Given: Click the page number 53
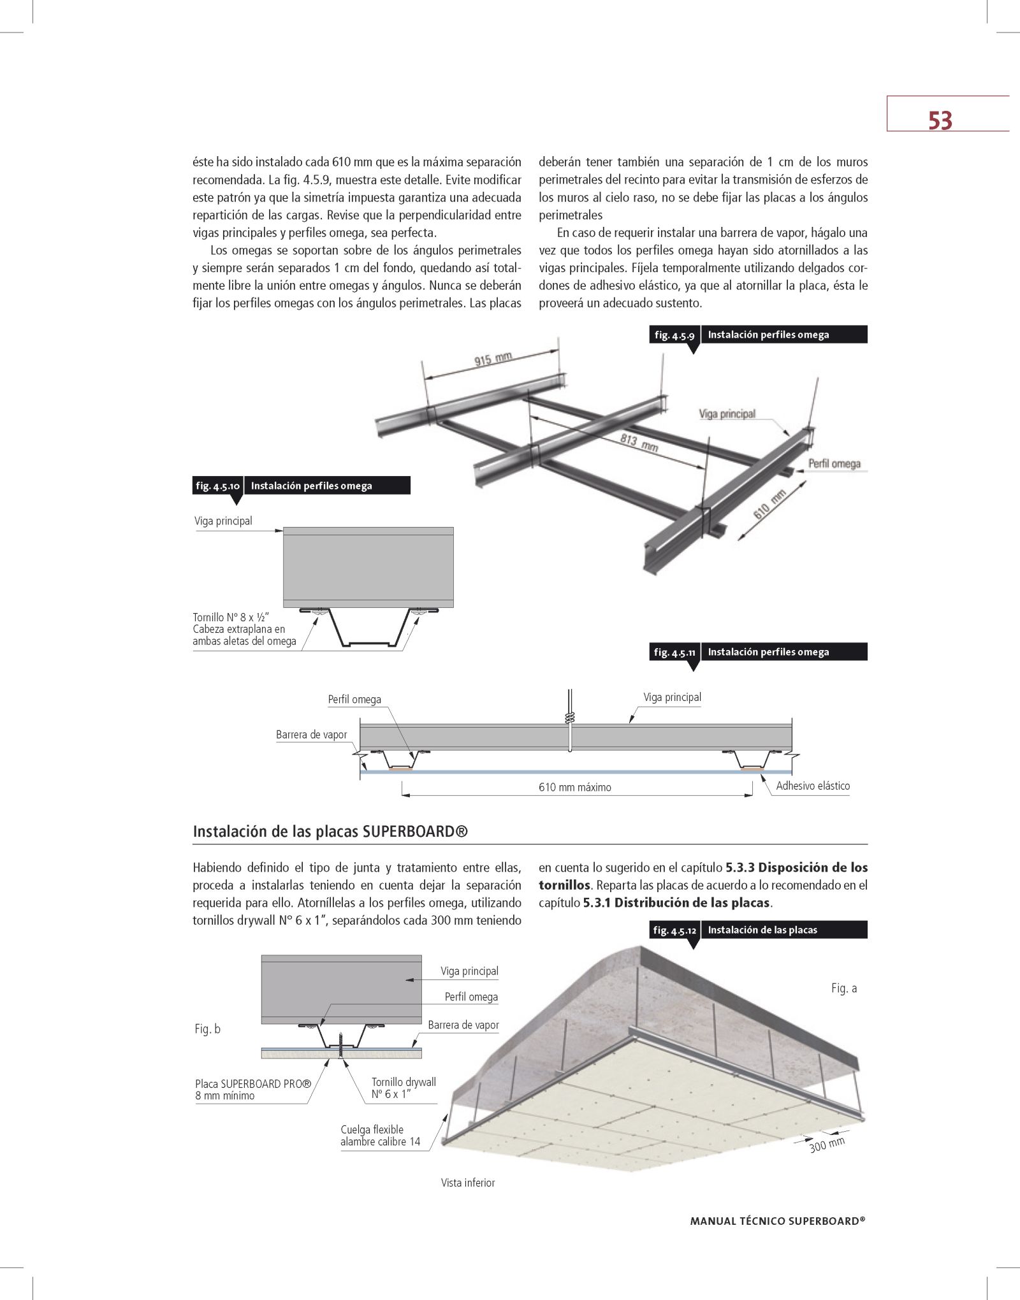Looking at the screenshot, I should pyautogui.click(x=940, y=120).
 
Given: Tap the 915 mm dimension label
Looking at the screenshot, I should pyautogui.click(x=493, y=360).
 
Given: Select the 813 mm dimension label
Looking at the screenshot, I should pyautogui.click(x=639, y=442).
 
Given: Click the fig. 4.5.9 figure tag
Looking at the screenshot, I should pyautogui.click(x=674, y=335).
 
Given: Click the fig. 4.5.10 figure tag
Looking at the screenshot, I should pyautogui.click(x=218, y=486).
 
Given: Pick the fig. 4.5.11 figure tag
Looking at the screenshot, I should pyautogui.click(x=674, y=653).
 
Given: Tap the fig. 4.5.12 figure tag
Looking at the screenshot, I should pyautogui.click(x=674, y=930).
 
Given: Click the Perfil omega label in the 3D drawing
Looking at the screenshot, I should pyautogui.click(x=834, y=464).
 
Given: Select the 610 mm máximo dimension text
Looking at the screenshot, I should pyautogui.click(x=574, y=788).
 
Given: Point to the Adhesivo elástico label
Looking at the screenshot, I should pyautogui.click(x=813, y=786).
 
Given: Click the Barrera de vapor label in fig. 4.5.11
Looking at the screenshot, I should pyautogui.click(x=311, y=735).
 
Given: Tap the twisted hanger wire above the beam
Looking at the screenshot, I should pyautogui.click(x=570, y=716).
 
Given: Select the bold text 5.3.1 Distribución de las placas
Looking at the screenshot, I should pyautogui.click(x=677, y=903).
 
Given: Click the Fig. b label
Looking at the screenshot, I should pyautogui.click(x=207, y=1029).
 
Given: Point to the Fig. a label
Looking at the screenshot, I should pyautogui.click(x=844, y=988).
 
